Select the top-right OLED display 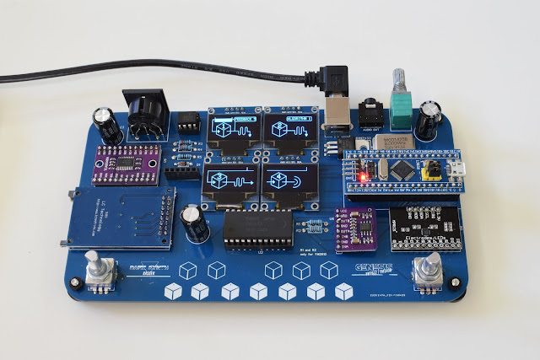coord(289,128)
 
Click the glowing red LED coord(363,177)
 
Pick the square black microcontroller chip coord(404,169)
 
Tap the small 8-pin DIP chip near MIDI coord(190,124)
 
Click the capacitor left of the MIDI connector coord(107,123)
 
